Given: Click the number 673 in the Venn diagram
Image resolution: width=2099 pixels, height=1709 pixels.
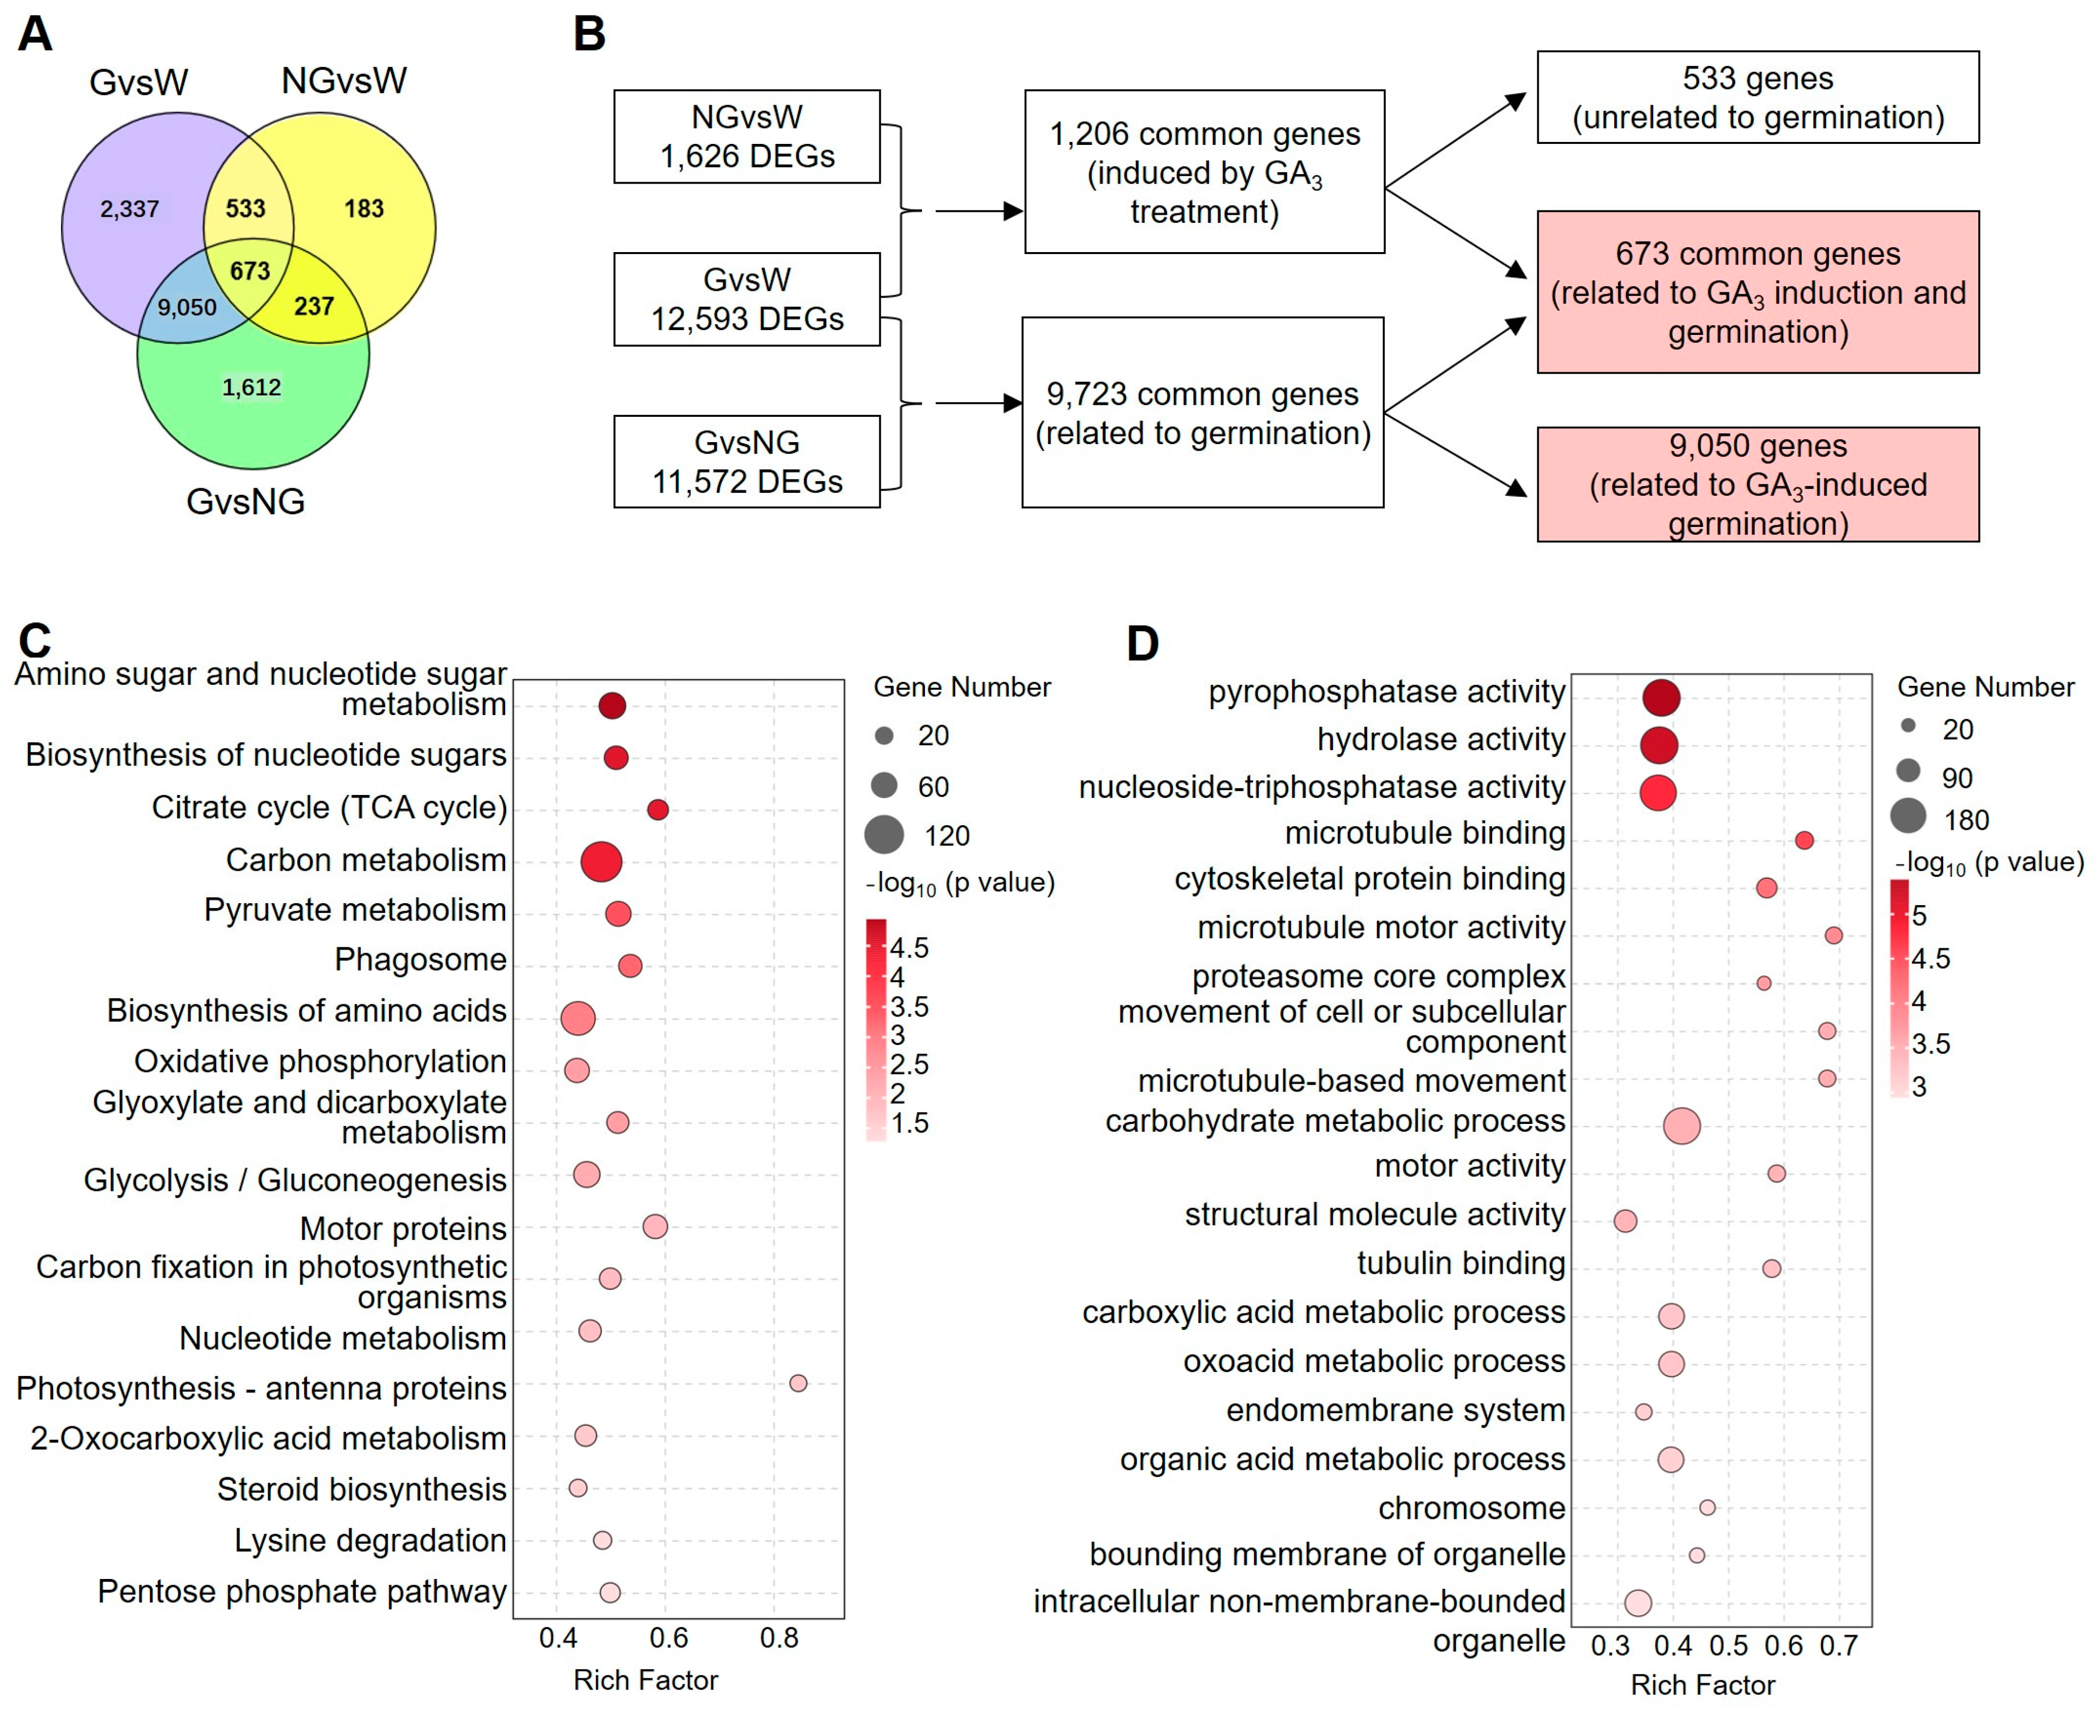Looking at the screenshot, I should [249, 271].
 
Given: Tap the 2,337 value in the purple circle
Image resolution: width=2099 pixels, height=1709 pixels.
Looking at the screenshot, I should [129, 209].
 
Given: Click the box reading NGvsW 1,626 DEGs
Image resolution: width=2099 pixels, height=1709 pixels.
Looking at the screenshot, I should [746, 137].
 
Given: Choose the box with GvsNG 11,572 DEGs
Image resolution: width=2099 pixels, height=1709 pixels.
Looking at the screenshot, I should [746, 461].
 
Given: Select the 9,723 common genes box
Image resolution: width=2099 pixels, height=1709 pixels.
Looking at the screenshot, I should [1202, 412].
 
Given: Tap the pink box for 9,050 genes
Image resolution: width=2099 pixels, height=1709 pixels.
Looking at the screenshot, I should [1758, 484].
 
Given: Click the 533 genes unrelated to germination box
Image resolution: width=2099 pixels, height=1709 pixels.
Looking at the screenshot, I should [1758, 97].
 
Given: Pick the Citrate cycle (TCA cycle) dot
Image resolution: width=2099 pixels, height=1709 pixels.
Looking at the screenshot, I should [657, 809].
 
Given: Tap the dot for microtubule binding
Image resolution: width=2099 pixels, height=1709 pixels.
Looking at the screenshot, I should [1804, 840].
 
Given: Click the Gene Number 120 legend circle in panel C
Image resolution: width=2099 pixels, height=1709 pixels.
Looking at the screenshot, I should [884, 835].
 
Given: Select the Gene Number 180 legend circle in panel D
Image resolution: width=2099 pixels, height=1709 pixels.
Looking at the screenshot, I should [1908, 816].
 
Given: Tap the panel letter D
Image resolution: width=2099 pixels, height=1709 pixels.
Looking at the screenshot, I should [1142, 644].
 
